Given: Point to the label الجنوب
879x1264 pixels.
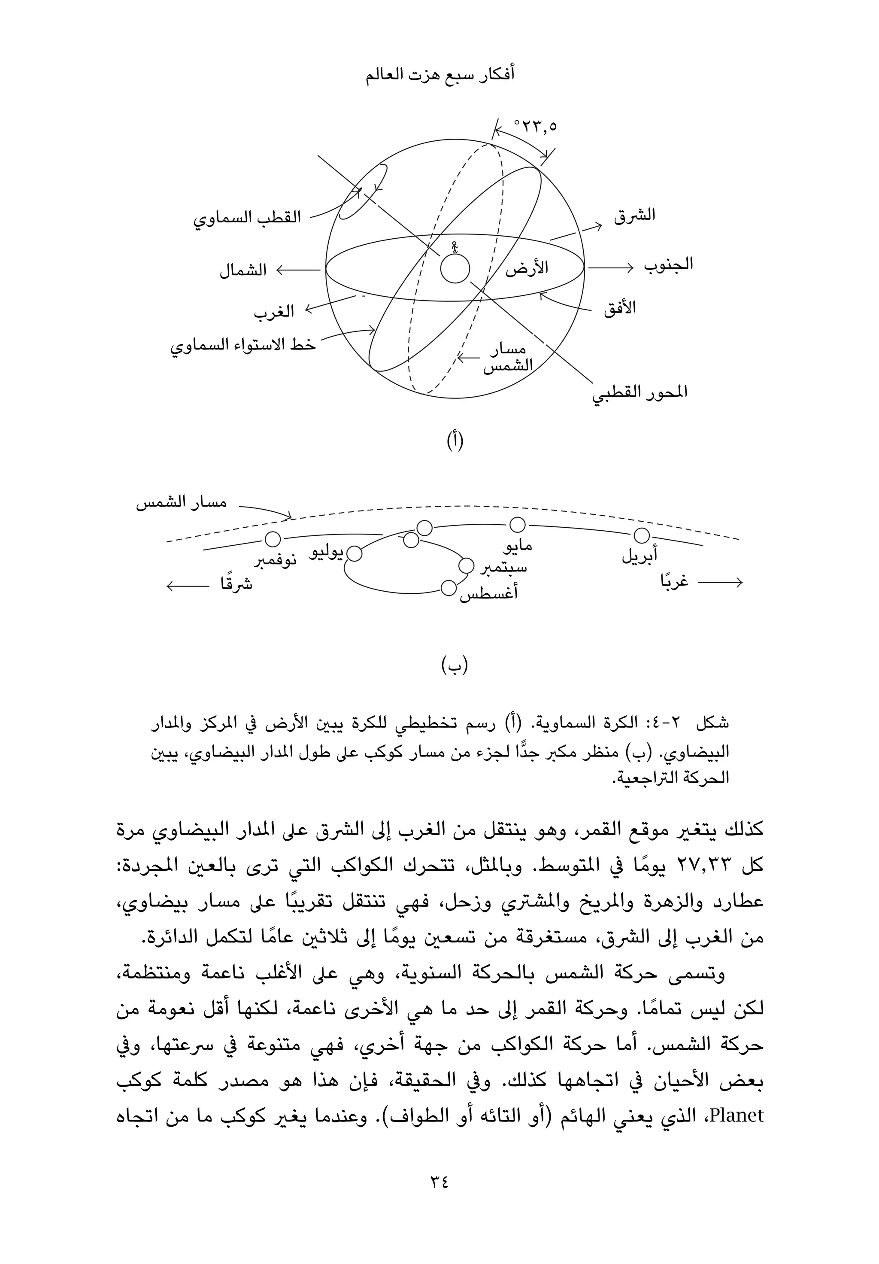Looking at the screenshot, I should point(668,265).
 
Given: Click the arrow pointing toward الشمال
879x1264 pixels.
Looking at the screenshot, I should point(297,270).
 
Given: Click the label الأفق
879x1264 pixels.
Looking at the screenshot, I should point(619,307).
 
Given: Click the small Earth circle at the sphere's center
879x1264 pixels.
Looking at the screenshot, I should point(455,269).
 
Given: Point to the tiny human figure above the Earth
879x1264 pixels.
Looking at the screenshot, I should point(454,247).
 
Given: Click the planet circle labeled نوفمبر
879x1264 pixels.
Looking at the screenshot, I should point(273,539).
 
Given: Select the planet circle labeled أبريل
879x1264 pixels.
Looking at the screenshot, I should point(641,535).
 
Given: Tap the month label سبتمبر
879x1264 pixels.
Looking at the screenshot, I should point(503,568).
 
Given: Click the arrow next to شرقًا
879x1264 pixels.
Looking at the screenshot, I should point(188,586).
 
